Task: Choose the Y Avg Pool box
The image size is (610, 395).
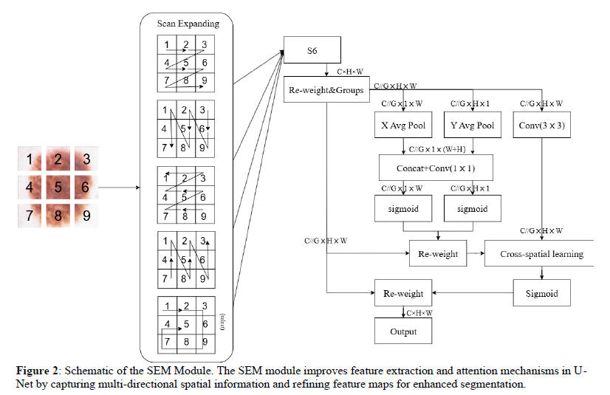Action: click(x=472, y=126)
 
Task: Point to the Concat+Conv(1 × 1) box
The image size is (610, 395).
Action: click(x=436, y=168)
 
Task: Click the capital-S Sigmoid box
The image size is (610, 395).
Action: click(x=541, y=293)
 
